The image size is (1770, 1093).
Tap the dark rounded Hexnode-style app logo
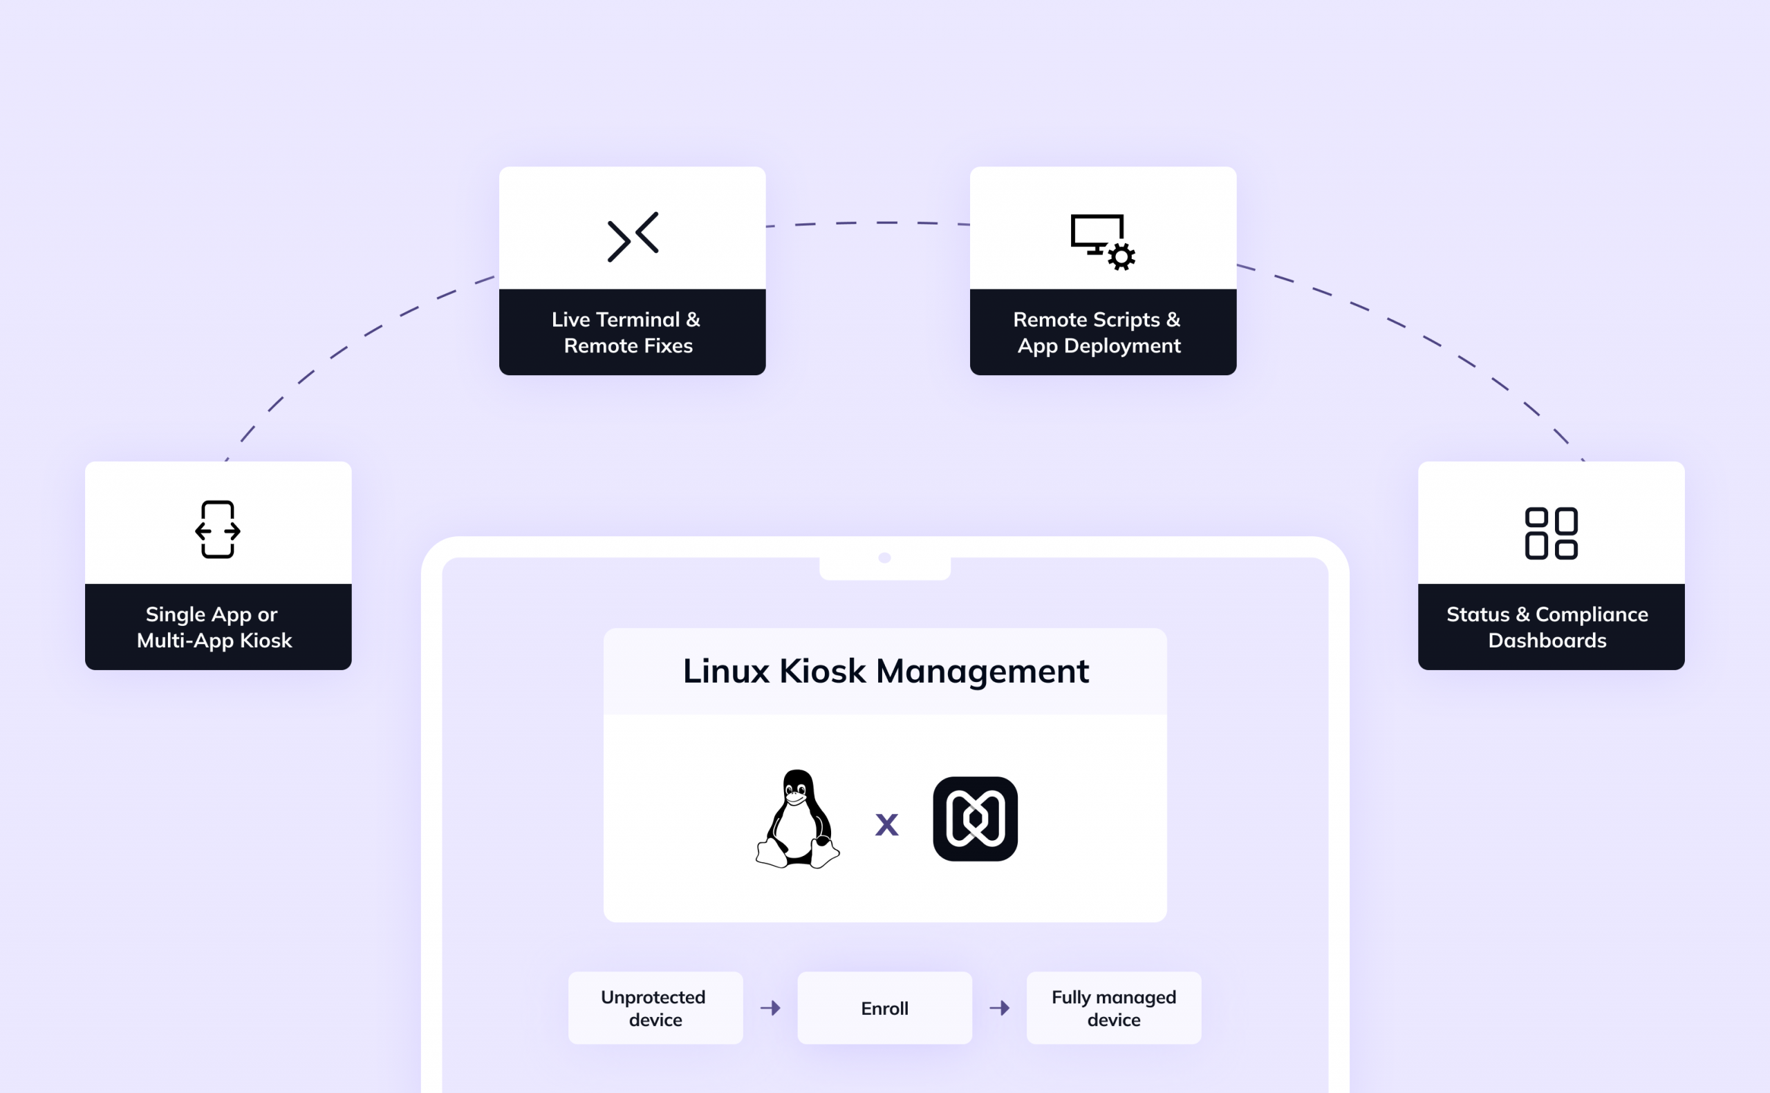[x=975, y=819]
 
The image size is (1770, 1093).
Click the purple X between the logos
[x=886, y=825]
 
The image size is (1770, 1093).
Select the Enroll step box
[x=884, y=1008]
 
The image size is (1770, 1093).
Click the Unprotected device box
[x=655, y=1008]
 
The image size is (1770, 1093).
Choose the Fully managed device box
[x=1113, y=1008]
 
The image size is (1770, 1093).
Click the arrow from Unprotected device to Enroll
[x=770, y=1008]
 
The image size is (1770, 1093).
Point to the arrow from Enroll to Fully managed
[x=1000, y=1008]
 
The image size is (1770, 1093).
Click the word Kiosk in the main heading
[x=821, y=672]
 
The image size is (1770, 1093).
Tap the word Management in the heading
[x=982, y=672]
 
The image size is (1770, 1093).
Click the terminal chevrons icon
[x=633, y=236]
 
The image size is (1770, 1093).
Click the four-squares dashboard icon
[x=1551, y=533]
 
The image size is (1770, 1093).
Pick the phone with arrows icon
[x=218, y=529]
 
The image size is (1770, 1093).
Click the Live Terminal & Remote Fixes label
[x=627, y=332]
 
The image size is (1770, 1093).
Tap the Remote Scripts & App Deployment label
[x=1098, y=332]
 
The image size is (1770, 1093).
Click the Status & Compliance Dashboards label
[x=1547, y=627]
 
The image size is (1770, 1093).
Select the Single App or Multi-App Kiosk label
[x=214, y=627]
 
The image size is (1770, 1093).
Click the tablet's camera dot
[x=884, y=558]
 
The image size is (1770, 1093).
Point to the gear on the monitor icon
[x=1121, y=256]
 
